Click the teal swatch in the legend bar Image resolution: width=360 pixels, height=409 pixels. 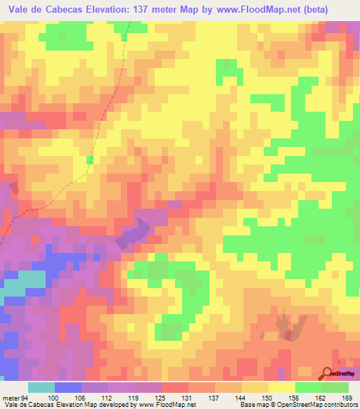(x=41, y=387)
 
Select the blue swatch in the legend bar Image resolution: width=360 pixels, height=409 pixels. (x=68, y=387)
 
